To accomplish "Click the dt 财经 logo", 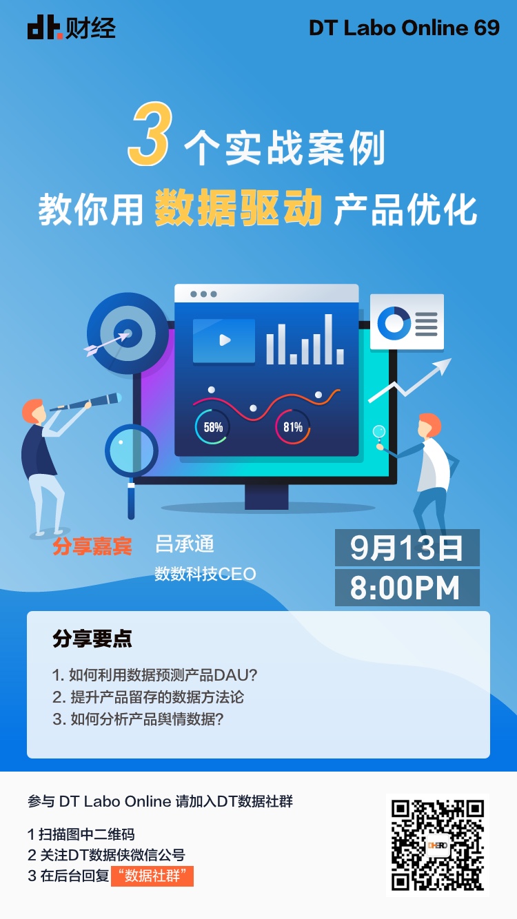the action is pos(72,28).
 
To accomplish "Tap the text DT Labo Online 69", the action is pos(404,28).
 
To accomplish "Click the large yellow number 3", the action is pos(150,134).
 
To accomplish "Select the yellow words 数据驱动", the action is pos(239,208).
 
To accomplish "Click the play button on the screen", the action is pos(224,340).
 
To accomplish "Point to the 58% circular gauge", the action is pos(212,427).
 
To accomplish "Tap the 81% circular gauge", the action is pos(293,427).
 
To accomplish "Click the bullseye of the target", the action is pos(128,333).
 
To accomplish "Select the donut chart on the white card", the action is pos(394,323).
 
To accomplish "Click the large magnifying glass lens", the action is pos(132,451).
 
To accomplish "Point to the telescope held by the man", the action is pos(86,402).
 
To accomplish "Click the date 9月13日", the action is pos(407,548).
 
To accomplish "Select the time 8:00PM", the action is pos(405,588).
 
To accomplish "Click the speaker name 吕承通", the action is pos(184,544).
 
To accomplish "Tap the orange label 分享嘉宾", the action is pos(92,546).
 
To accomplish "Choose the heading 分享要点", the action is pos(92,639).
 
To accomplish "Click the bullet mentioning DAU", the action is pos(155,675).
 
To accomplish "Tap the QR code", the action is pos(437,845).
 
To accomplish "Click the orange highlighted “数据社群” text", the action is pos(152,876).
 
